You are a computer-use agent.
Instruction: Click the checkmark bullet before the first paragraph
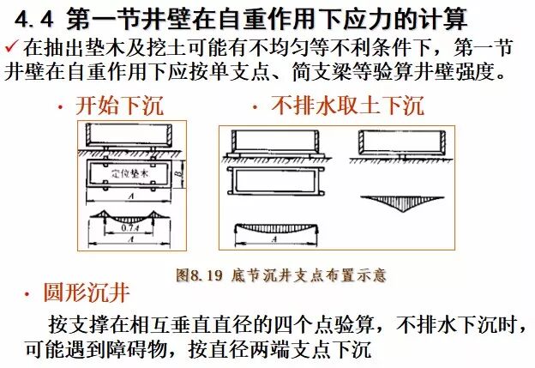[x=10, y=44]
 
